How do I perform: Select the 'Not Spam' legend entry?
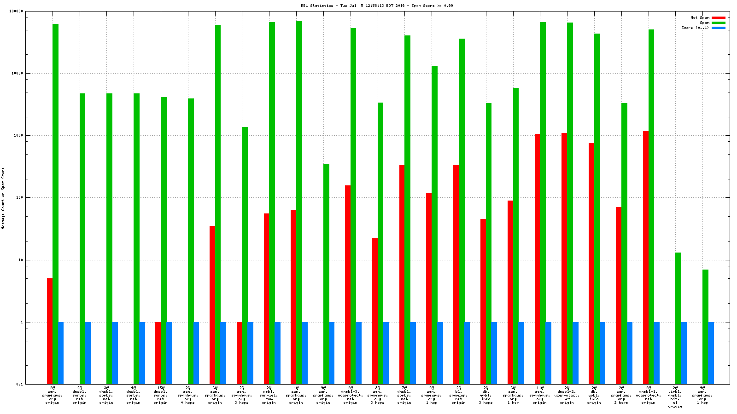tap(700, 17)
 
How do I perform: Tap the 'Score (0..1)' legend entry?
tap(695, 28)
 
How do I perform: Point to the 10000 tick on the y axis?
tap(19, 73)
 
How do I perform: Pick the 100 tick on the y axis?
tap(20, 198)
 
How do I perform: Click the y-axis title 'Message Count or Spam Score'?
tap(3, 198)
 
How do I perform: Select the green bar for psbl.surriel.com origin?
tap(272, 202)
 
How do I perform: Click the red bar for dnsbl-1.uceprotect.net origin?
tap(646, 258)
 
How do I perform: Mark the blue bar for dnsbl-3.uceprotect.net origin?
tap(358, 353)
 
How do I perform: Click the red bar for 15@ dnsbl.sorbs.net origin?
tap(158, 353)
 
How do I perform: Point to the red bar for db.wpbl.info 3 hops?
tap(483, 301)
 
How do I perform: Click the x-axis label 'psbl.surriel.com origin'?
tap(269, 395)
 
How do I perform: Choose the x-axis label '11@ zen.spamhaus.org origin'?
tap(540, 395)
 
